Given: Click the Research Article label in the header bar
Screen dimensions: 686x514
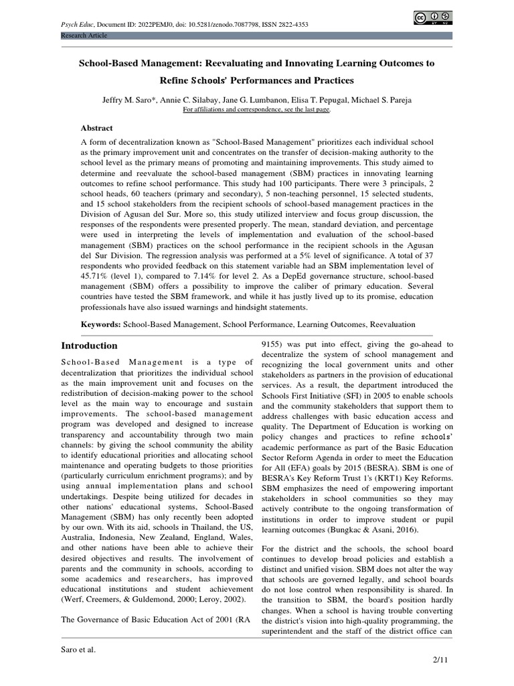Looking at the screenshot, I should click(x=84, y=35).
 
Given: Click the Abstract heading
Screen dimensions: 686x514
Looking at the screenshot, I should click(x=97, y=128).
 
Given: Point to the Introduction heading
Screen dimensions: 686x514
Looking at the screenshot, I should click(x=89, y=346).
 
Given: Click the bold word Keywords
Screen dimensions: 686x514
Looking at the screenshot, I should click(x=100, y=324).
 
